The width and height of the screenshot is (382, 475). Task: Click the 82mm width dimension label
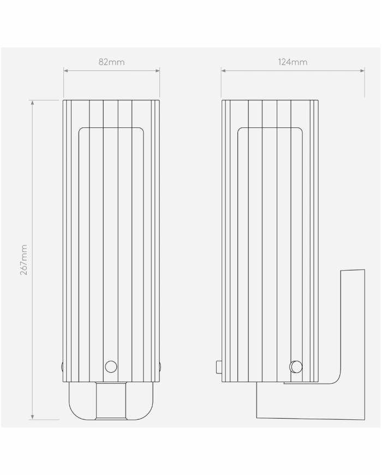pos(111,62)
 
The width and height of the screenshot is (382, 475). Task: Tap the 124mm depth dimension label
pos(293,62)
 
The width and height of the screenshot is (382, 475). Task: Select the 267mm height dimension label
pos(24,260)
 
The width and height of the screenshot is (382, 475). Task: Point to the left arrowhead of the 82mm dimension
pos(65,71)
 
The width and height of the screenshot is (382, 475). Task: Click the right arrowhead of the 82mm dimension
pos(158,71)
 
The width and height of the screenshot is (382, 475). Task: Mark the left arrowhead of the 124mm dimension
pos(223,71)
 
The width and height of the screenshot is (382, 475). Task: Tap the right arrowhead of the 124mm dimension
pos(362,71)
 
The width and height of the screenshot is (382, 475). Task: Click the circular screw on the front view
pos(111,366)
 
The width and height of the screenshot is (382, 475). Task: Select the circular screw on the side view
pos(296,366)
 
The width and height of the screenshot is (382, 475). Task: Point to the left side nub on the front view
pos(62,366)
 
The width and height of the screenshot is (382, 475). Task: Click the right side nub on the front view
pos(160,366)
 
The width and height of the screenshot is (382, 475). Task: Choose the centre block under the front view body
pos(111,401)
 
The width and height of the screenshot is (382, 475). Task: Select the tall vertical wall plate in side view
pos(353,328)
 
